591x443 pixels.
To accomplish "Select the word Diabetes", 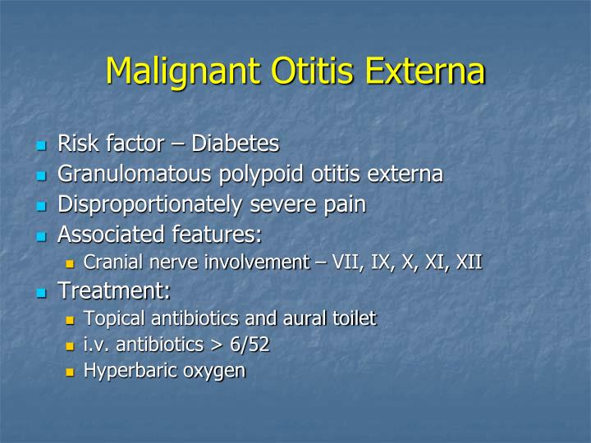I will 235,144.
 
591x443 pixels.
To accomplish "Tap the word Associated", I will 106,235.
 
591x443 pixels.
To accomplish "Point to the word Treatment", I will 111,290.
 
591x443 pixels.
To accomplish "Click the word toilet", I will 354,318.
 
